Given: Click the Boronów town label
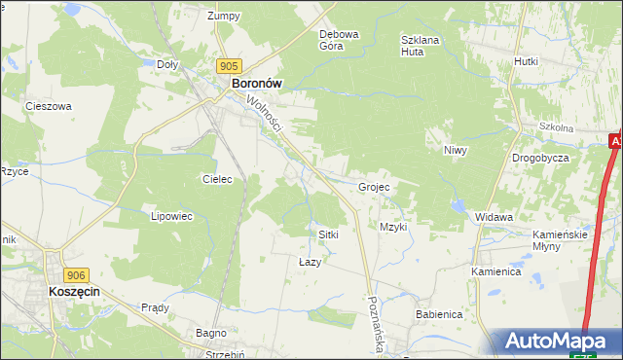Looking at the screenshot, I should pos(256,84).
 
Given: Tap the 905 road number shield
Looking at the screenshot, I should pos(229,66).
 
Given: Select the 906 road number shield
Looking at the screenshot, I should pos(77,276).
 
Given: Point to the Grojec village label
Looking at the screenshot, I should pos(374,187).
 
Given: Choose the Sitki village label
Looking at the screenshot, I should pos(328,235).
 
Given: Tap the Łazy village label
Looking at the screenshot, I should pos(309,262).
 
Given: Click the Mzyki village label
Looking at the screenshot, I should pos(393,227).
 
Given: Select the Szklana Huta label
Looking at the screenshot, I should pos(421,46).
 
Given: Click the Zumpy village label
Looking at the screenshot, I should pos(223,16).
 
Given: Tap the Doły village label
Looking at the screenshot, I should pos(167,64).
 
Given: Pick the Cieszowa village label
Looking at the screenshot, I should pos(49,107).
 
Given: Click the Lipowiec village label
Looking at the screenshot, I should pos(167,217).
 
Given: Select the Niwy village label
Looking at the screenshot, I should pos(456,151).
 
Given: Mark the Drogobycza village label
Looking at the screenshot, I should pos(540,158).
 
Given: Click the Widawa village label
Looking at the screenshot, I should pos(495,217).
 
